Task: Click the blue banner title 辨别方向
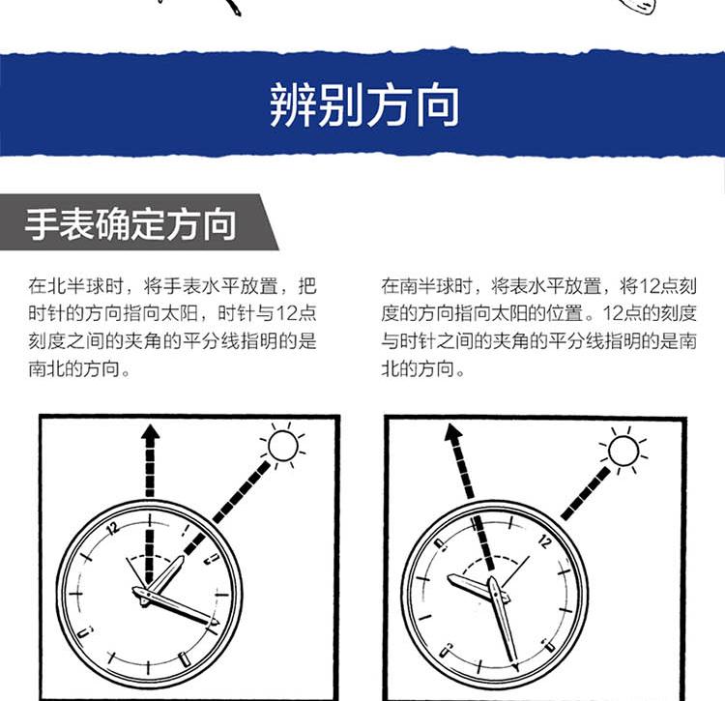click(364, 105)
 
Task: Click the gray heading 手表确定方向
click(130, 224)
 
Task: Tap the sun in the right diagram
click(623, 451)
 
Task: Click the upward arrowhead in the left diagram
click(150, 432)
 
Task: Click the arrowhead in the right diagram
click(452, 432)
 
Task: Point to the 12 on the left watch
click(113, 528)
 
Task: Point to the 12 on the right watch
click(544, 541)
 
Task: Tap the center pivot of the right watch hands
click(495, 593)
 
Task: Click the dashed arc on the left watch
click(149, 555)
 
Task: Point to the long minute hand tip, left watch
click(217, 624)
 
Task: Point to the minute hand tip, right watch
click(516, 665)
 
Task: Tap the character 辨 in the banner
click(292, 105)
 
